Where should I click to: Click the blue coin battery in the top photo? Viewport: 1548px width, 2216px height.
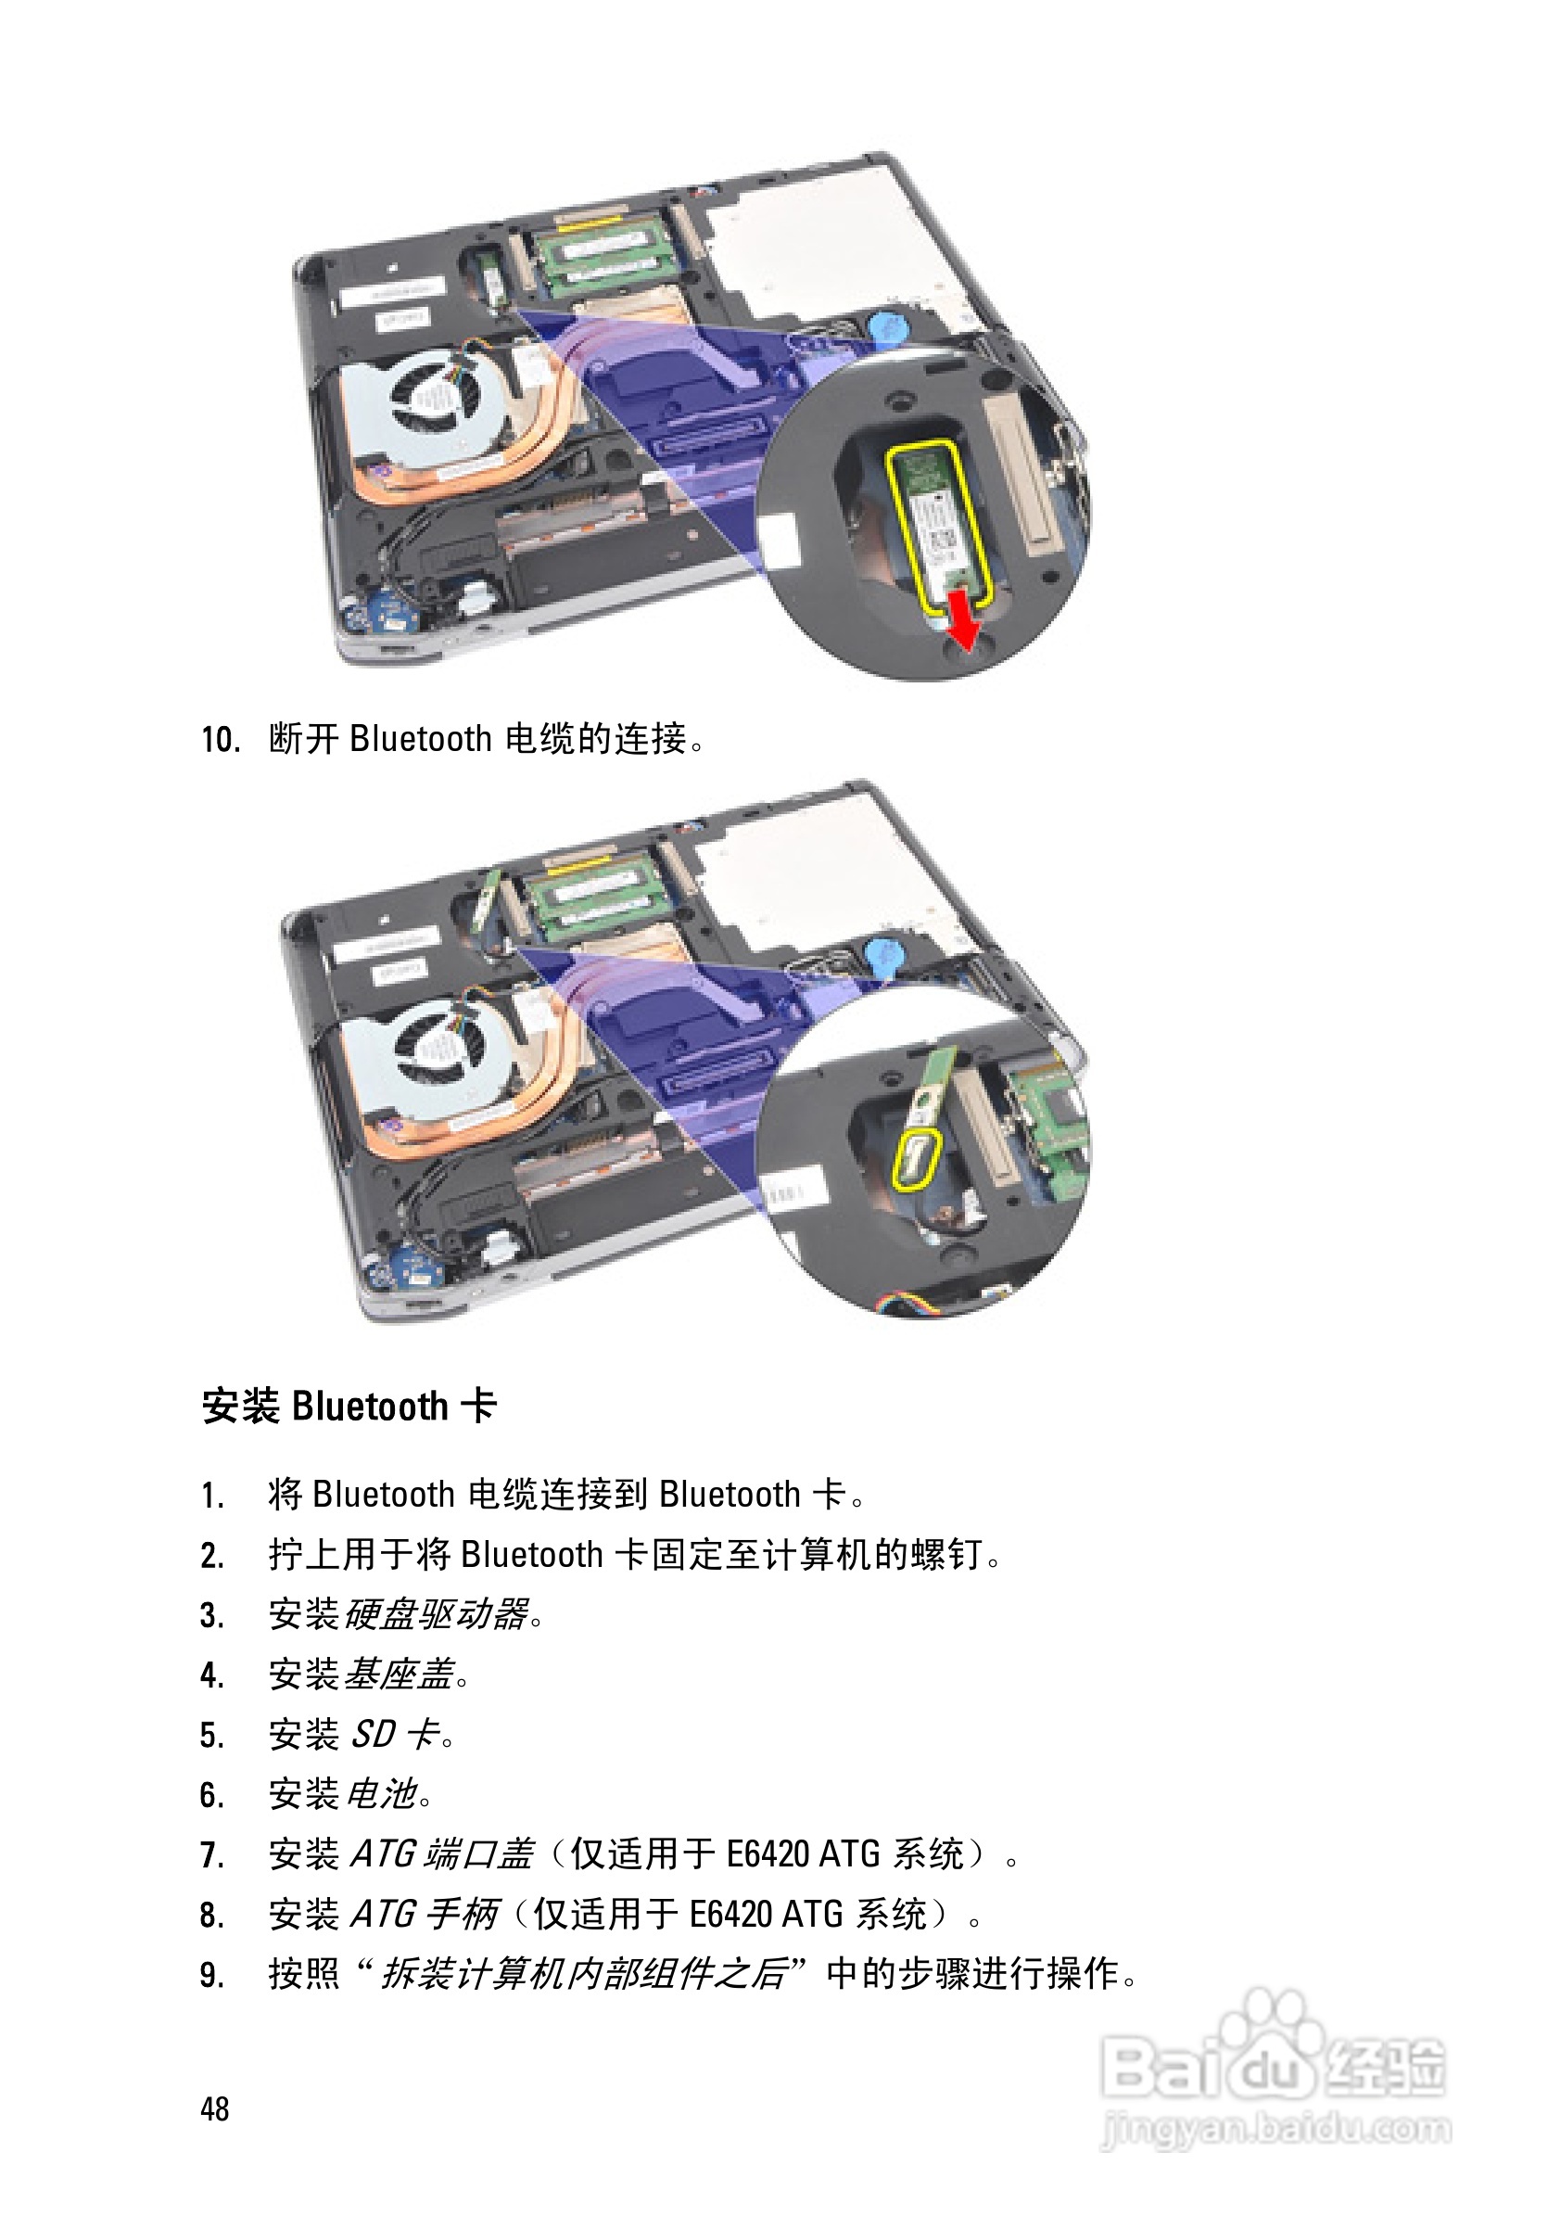(884, 325)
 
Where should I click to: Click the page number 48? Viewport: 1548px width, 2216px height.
(214, 2108)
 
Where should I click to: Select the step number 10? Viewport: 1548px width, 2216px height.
(220, 739)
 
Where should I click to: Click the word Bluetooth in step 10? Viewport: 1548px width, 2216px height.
(421, 739)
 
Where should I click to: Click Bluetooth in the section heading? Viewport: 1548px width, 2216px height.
(370, 1407)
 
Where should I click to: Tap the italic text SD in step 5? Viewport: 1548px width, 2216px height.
(373, 1735)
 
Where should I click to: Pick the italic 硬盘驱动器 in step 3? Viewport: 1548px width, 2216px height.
(437, 1613)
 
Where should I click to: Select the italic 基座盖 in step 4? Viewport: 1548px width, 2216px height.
(399, 1674)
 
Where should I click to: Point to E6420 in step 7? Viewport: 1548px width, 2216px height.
(768, 1854)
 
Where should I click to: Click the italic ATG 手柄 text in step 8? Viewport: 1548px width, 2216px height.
(424, 1914)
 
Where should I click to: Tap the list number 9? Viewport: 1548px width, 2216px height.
(212, 1975)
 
